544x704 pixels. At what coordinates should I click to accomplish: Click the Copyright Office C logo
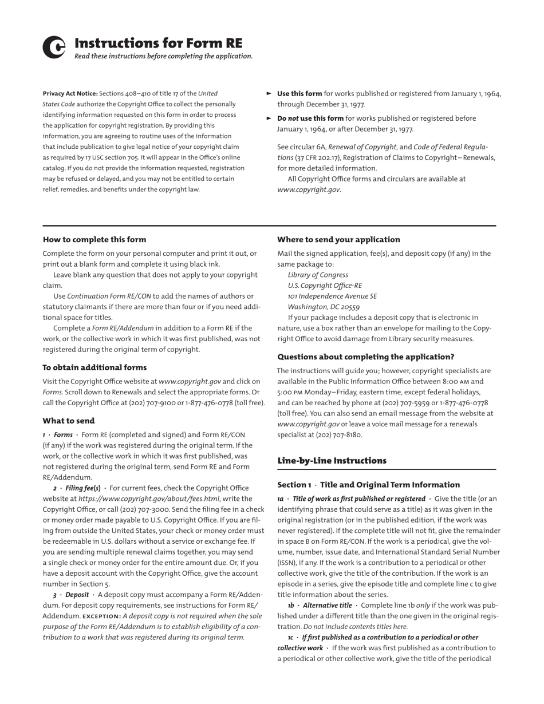click(54, 48)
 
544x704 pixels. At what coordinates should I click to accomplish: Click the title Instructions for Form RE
click(159, 43)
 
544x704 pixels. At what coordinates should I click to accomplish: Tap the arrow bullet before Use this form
click(269, 93)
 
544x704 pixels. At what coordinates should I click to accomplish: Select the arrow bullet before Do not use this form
click(269, 118)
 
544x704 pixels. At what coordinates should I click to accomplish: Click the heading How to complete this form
click(94, 240)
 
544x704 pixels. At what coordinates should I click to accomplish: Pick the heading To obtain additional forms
click(94, 367)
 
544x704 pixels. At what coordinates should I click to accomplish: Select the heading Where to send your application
click(338, 240)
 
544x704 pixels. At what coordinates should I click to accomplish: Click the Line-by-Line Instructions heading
click(332, 461)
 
